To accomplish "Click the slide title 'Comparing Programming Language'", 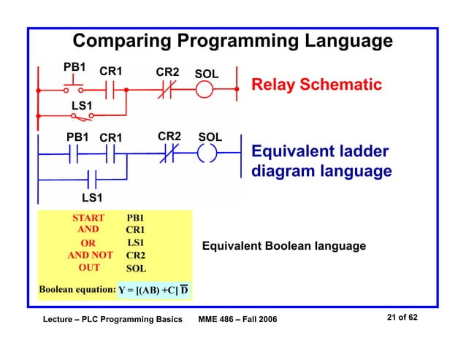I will pyautogui.click(x=232, y=40).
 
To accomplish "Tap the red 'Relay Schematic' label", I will pyautogui.click(x=316, y=85).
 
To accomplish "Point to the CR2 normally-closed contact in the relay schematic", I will pyautogui.click(x=167, y=90).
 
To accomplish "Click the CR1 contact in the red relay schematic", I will pyautogui.click(x=111, y=90).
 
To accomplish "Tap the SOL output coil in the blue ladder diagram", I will pyautogui.click(x=207, y=154).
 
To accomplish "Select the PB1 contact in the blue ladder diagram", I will pyautogui.click(x=74, y=154).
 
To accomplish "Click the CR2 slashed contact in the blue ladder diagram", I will pyautogui.click(x=168, y=154).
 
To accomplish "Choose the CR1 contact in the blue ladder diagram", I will pyautogui.click(x=110, y=154).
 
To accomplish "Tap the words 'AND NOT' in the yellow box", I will pyautogui.click(x=90, y=256).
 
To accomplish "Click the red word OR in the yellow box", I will pyautogui.click(x=88, y=243).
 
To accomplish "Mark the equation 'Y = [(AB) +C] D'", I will pyautogui.click(x=153, y=290).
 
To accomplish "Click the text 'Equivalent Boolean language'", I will pyautogui.click(x=283, y=246).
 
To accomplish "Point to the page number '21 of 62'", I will pyautogui.click(x=402, y=318).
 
